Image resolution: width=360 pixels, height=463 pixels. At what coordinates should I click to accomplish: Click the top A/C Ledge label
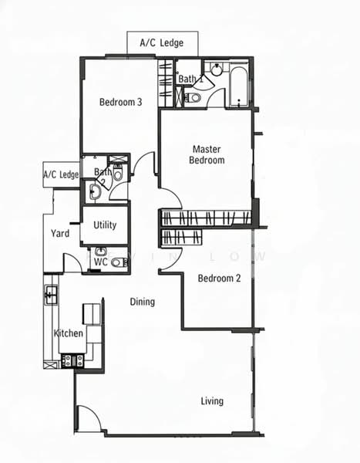tap(163, 43)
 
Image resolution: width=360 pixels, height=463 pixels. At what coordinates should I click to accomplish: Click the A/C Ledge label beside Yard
tap(62, 175)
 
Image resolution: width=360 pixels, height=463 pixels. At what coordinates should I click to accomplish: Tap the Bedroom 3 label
tap(120, 102)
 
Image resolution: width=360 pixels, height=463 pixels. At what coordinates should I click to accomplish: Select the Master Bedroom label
tap(207, 154)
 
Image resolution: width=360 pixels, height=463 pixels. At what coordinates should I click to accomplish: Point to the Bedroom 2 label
tap(220, 279)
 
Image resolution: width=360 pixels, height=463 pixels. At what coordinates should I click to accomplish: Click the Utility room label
tap(105, 225)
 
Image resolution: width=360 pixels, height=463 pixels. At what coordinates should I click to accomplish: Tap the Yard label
tap(60, 233)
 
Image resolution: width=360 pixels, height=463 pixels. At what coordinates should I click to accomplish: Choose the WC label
tap(101, 262)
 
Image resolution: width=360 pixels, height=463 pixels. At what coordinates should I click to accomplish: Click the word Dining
tap(142, 302)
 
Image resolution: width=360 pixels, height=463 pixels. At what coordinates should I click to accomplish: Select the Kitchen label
tap(68, 333)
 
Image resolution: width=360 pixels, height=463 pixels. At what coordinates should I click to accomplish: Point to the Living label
tap(212, 400)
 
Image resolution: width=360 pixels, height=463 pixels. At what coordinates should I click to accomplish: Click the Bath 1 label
tap(190, 79)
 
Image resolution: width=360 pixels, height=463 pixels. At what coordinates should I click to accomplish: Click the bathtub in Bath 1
tap(238, 86)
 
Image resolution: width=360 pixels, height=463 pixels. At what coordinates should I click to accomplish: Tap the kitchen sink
tap(51, 294)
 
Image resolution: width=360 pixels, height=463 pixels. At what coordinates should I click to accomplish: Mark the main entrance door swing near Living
tap(87, 419)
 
